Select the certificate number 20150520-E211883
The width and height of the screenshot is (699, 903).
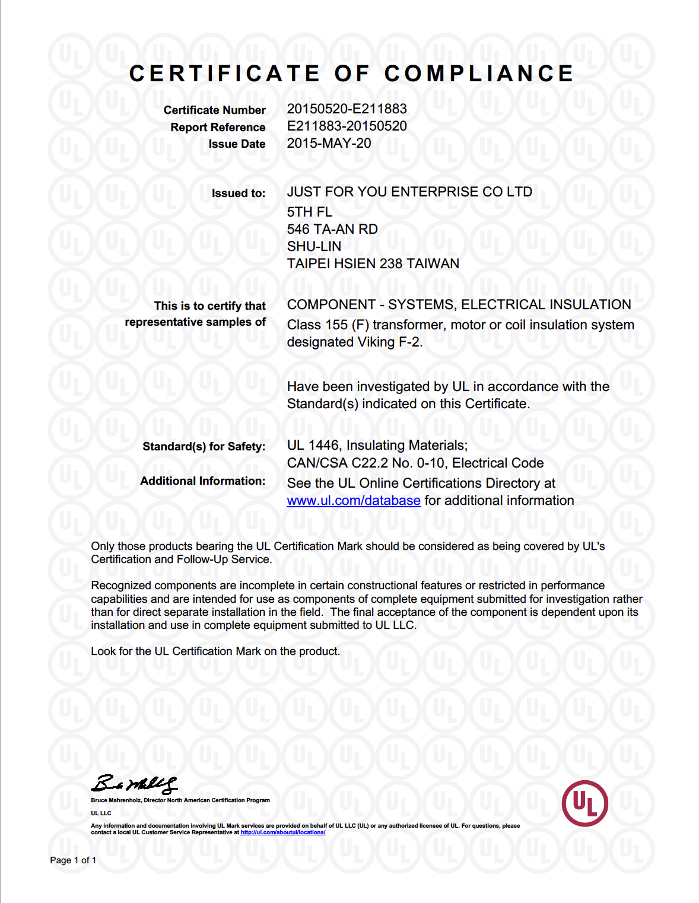[x=347, y=109]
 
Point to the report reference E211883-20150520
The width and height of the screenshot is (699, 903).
[x=347, y=126]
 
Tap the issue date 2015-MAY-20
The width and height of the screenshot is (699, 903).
[x=329, y=144]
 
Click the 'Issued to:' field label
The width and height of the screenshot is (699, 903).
[x=239, y=193]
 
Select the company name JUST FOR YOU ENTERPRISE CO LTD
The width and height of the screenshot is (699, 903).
[x=409, y=192]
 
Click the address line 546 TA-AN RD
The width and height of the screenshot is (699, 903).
[x=332, y=230]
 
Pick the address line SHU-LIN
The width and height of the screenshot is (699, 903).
[x=314, y=247]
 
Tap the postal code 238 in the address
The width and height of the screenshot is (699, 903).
[x=390, y=264]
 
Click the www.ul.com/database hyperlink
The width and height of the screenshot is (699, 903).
[x=354, y=501]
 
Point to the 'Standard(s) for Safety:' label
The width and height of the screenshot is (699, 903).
[x=204, y=447]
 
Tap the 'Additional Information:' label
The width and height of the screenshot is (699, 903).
[x=202, y=481]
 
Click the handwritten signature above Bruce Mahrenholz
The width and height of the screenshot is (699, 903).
[x=134, y=784]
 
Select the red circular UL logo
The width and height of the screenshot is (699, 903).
[x=584, y=803]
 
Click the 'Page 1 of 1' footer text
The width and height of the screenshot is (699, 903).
[x=73, y=860]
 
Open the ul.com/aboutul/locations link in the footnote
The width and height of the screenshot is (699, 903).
[x=282, y=832]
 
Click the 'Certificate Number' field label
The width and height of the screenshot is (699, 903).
[x=214, y=110]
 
